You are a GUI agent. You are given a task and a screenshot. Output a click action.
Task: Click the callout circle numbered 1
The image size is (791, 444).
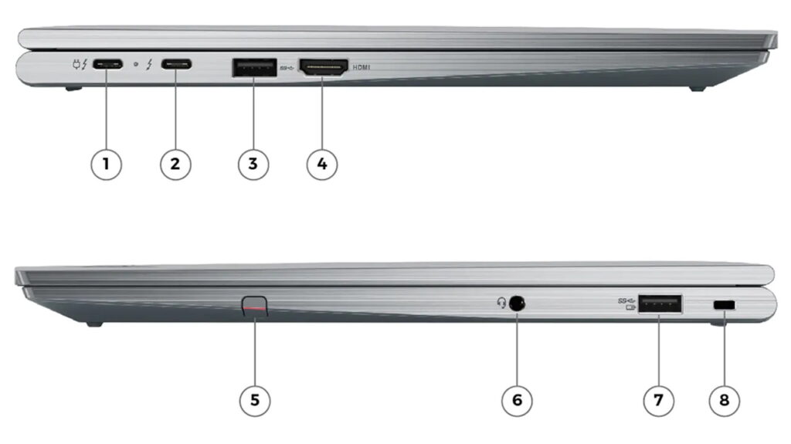106,164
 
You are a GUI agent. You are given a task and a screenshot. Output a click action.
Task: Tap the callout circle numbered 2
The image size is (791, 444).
175,164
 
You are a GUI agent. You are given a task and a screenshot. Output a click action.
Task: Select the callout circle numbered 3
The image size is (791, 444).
253,164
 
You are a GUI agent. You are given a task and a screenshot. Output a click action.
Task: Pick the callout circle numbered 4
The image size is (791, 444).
322,164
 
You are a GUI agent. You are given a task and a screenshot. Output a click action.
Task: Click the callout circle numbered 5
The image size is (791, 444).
255,401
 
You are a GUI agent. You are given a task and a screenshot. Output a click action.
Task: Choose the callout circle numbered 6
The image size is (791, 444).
517,401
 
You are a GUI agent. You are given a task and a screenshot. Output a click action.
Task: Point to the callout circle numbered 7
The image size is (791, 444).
658,401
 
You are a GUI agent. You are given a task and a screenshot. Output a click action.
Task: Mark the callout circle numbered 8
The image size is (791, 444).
725,401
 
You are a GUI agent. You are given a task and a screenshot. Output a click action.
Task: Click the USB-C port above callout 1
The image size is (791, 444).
107,65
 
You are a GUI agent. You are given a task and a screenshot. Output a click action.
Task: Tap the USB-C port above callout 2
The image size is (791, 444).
177,64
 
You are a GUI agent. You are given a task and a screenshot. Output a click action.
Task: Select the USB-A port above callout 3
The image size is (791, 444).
254,68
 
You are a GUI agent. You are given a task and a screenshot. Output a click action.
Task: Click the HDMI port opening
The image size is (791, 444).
324,68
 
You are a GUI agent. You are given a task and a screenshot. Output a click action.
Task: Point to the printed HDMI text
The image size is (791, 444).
362,67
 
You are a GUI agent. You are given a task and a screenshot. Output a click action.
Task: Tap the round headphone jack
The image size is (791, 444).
517,303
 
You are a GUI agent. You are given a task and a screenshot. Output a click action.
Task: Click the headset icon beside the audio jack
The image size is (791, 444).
501,303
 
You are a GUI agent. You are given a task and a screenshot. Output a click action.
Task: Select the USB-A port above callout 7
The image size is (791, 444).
660,303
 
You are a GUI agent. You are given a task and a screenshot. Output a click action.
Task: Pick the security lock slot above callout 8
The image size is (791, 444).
725,305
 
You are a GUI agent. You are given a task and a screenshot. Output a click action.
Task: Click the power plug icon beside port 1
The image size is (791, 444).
77,65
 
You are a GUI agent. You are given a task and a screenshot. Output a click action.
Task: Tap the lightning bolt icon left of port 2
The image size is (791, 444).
149,65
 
